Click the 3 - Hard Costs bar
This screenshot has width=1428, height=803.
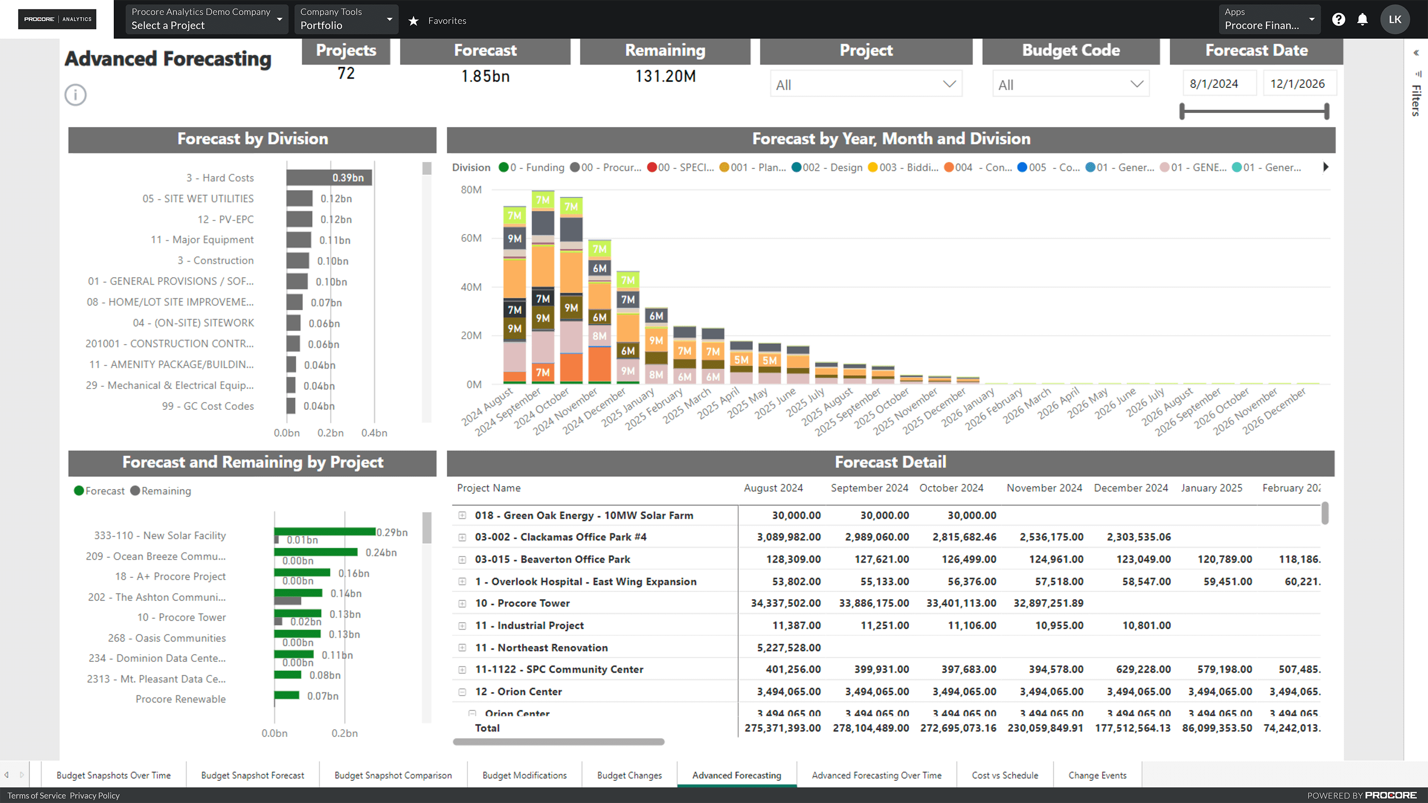(x=328, y=178)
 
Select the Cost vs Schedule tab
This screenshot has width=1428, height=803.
(x=1004, y=775)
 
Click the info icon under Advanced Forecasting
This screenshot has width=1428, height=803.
(x=76, y=95)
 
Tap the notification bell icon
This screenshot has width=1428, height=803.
(x=1362, y=20)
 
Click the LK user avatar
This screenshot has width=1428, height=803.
(x=1395, y=20)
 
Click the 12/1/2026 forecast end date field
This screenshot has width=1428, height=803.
(x=1297, y=84)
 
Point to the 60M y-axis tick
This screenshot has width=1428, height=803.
(x=471, y=238)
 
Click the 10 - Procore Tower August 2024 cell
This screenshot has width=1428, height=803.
(x=785, y=603)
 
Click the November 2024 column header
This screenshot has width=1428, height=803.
(x=1044, y=488)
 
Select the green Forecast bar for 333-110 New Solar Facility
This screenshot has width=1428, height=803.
(x=325, y=532)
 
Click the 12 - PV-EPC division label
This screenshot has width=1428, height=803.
(x=225, y=220)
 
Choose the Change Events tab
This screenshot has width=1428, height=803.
(x=1097, y=775)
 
